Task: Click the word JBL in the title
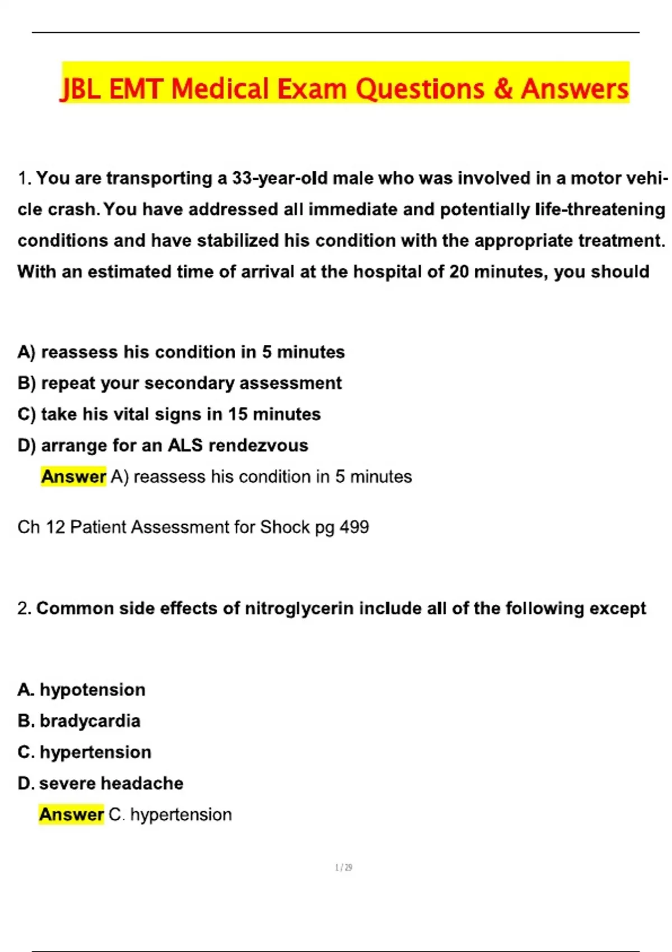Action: click(81, 90)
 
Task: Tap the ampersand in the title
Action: click(503, 90)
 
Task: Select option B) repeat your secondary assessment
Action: click(179, 383)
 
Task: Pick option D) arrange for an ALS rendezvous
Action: click(162, 446)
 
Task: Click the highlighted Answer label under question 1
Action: click(73, 477)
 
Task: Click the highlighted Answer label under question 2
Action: click(71, 814)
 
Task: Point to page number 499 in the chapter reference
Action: click(354, 527)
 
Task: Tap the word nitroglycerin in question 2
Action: click(299, 608)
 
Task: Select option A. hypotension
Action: click(81, 689)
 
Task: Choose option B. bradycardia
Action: click(79, 721)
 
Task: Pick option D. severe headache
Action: click(100, 783)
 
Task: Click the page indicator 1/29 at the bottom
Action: click(343, 867)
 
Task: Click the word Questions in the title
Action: click(420, 90)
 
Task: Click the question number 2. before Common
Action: click(24, 608)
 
